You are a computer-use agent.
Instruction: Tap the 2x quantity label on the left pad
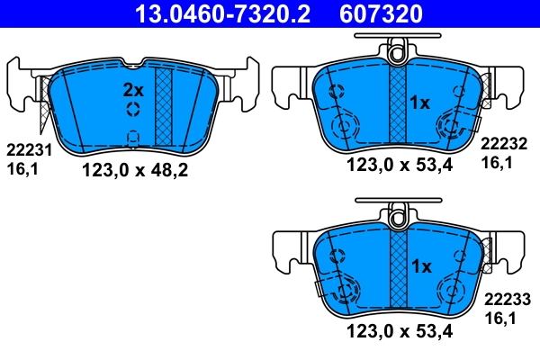(133, 90)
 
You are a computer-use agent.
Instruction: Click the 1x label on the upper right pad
(421, 103)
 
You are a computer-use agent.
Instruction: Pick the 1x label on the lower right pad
(421, 266)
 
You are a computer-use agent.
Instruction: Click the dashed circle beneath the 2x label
(133, 110)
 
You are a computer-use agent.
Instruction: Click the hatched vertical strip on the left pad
(164, 105)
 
